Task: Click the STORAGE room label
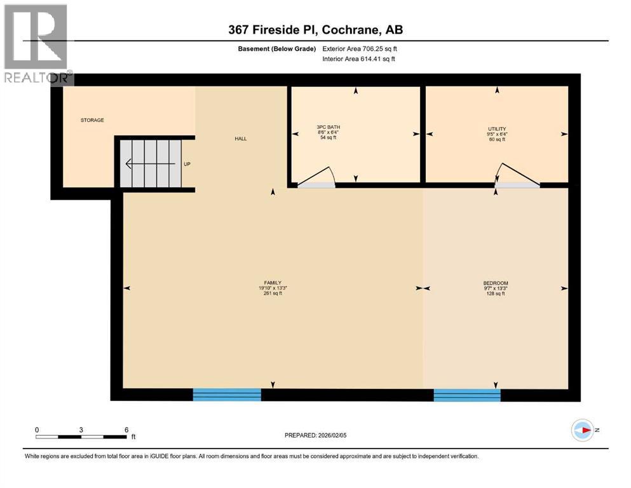92,120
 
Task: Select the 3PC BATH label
328,128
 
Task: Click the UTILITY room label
496,129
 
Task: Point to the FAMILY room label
273,283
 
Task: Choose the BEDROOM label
495,283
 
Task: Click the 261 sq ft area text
273,294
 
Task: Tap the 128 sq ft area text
495,294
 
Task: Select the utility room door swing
517,176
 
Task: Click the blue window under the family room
227,395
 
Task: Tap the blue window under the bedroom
467,395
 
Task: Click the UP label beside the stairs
187,164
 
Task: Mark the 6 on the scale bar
126,430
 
